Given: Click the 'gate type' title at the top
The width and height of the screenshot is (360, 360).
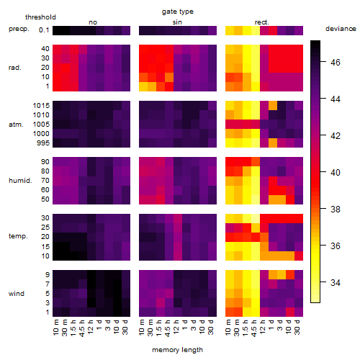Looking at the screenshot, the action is pos(178,12).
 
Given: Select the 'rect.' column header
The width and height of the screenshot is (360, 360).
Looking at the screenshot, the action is pos(262,22).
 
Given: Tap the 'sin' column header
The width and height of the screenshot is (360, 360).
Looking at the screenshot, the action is pos(177,22).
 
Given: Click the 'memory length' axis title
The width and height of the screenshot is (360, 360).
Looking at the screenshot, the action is pos(177,350).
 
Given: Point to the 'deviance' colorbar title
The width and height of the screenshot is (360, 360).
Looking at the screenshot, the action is pos(341,29).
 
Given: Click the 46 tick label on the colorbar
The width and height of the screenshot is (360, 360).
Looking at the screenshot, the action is pos(336,63).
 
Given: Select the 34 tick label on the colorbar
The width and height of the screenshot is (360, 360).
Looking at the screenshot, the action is pos(336,282).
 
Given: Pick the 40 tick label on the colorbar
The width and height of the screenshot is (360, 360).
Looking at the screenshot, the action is pos(336,173).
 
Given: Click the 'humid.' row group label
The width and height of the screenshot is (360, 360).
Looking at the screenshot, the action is pos(20,180).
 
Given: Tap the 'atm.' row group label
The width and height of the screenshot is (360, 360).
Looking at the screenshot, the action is pos(16,125).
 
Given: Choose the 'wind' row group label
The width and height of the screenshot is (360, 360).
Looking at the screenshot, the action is pos(17,294).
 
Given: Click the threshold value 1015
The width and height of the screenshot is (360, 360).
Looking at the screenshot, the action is pos(41,106).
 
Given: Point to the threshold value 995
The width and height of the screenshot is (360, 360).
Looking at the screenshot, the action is pos(43,143).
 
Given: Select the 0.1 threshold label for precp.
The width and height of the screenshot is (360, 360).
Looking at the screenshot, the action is pos(44,30).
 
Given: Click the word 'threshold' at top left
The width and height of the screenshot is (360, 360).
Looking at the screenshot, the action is pos(40,17).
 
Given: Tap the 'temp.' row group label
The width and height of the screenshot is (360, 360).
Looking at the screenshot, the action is pos(18,236).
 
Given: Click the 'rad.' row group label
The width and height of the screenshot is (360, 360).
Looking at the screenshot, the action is pos(15,68).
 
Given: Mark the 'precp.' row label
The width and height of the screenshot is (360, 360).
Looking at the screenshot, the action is pos(19,29).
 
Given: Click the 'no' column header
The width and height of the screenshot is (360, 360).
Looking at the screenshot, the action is pos(93,22).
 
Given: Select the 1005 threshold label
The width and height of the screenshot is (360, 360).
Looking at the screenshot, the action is pos(41,125).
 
